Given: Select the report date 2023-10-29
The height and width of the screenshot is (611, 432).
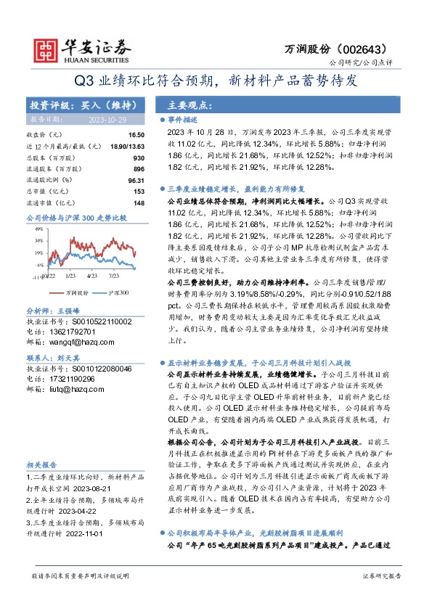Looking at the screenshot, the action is (107, 119).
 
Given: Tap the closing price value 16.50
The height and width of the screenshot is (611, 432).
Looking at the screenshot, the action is (136, 135).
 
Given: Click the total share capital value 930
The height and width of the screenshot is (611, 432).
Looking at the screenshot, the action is (139, 157).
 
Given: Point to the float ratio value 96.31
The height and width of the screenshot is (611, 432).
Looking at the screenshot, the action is (136, 180).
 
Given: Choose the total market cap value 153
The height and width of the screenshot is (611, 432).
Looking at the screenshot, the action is (139, 191).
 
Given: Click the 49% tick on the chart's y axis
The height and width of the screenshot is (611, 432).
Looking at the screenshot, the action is (38, 229).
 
